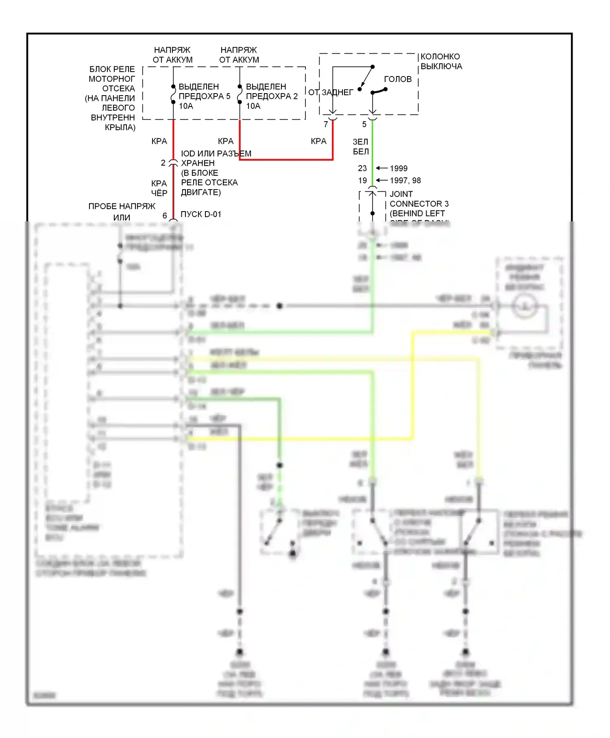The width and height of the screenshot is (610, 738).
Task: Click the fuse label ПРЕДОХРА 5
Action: (204, 96)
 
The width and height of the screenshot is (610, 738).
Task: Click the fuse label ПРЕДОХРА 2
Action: (272, 96)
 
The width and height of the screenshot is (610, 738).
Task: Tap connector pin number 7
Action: (326, 124)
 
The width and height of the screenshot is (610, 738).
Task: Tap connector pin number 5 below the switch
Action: (364, 124)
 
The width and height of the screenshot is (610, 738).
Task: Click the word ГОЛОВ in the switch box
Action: (398, 79)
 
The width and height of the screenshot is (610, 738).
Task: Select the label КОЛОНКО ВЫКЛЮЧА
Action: (441, 61)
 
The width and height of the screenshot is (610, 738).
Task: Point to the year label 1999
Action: (399, 168)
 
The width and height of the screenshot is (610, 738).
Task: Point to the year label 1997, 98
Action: (405, 181)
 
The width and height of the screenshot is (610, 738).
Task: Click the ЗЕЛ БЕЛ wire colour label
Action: (361, 147)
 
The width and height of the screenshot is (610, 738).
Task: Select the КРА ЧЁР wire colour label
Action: (159, 188)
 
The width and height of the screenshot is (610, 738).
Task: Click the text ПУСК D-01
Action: (201, 214)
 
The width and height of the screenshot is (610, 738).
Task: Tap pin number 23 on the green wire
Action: (362, 168)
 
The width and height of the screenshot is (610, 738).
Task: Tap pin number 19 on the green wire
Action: (362, 181)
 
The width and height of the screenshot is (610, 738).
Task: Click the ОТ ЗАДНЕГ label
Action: (330, 93)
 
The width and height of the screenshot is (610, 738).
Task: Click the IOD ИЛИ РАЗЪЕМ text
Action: (216, 154)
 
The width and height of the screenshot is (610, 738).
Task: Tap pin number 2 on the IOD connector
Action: (163, 163)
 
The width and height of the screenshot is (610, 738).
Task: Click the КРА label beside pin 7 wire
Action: (318, 141)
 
